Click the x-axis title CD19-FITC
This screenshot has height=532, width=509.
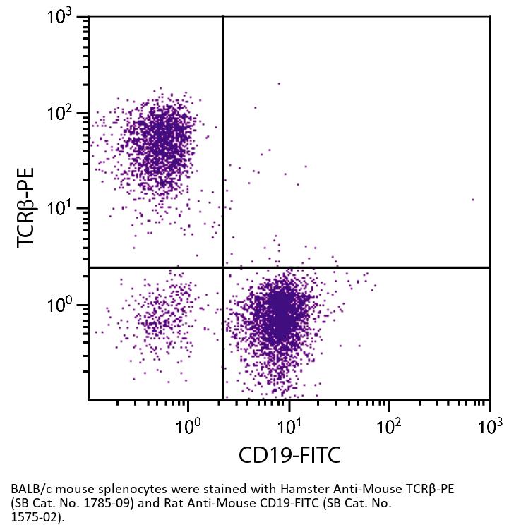289,454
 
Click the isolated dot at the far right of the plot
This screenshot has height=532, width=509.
472,200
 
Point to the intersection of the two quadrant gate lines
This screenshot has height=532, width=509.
223,267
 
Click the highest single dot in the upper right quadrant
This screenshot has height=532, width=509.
279,83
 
